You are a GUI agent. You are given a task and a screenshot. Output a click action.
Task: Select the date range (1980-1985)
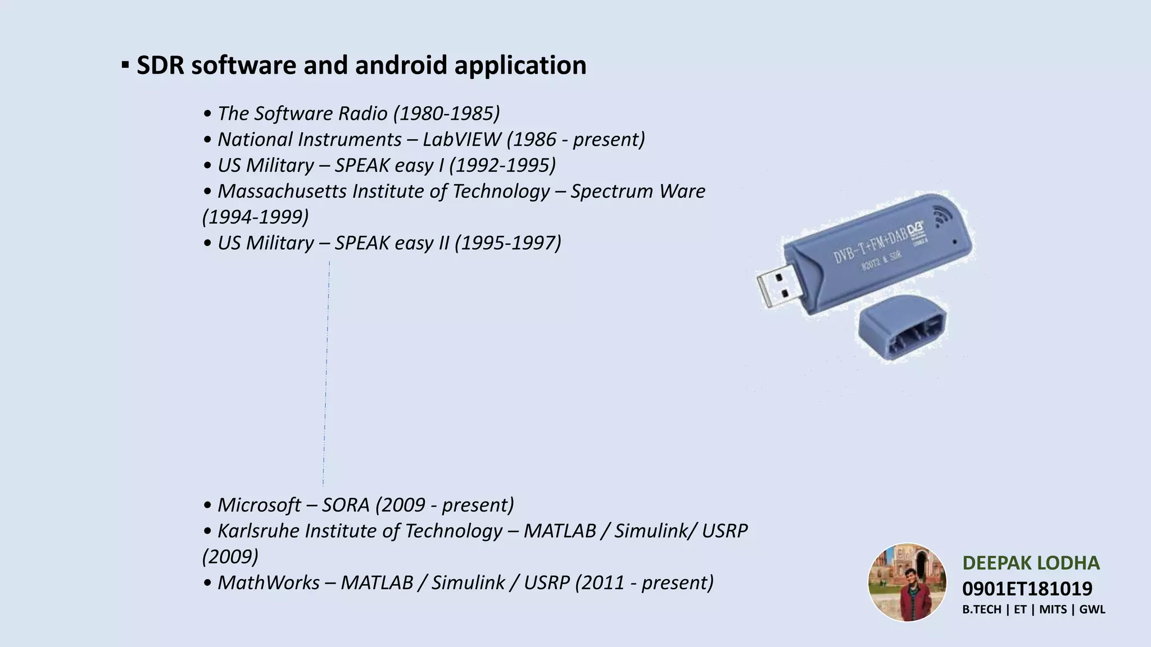click(x=446, y=113)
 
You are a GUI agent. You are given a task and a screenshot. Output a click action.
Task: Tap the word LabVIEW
click(x=461, y=139)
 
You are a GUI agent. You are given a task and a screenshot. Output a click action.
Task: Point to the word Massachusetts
click(x=282, y=191)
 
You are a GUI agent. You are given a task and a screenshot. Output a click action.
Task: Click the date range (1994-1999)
click(x=256, y=217)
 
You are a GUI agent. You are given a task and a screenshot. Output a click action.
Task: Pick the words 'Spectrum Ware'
click(x=638, y=191)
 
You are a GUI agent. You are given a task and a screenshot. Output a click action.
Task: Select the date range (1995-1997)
click(x=508, y=243)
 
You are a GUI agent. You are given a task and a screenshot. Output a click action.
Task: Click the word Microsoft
click(x=259, y=505)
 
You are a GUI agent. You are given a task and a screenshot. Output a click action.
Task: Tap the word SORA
click(x=346, y=505)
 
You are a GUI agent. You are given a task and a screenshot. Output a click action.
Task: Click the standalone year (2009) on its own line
click(x=230, y=557)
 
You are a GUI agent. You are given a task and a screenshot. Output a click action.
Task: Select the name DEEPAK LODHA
click(x=1031, y=563)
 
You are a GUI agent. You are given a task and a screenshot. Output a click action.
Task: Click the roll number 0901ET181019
click(x=1027, y=589)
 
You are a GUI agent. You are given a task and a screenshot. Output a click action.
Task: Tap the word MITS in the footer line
click(x=1053, y=609)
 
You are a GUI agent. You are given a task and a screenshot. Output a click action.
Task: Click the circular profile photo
click(x=907, y=582)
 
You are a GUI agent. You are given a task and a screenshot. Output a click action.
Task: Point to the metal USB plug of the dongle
click(x=779, y=288)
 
